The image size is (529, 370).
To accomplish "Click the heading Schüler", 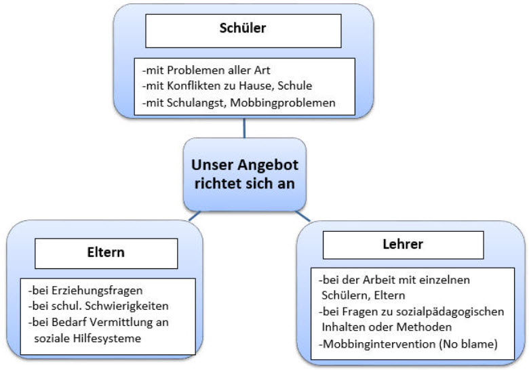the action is click(x=243, y=28).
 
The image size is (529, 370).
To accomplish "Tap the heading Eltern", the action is click(x=106, y=252).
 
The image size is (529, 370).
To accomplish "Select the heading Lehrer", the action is click(x=403, y=244).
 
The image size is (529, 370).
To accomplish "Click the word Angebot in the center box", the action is click(x=269, y=165).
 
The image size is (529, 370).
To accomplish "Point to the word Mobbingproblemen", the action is click(x=283, y=103).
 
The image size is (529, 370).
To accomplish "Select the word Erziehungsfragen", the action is click(x=97, y=291).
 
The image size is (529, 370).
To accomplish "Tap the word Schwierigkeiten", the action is click(x=127, y=306).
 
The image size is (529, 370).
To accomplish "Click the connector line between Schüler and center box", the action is click(x=244, y=128).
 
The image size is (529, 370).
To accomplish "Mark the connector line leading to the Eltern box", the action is click(x=195, y=216).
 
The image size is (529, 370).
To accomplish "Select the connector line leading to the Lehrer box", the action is click(x=302, y=216).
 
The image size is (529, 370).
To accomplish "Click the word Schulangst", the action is click(x=196, y=103).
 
